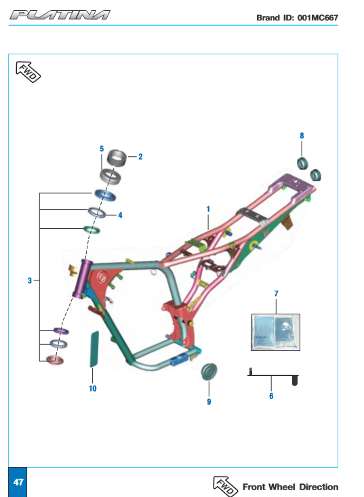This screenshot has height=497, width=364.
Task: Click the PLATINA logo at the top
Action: click(60, 15)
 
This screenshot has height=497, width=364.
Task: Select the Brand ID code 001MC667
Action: click(318, 18)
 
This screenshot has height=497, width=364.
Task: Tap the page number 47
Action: click(18, 482)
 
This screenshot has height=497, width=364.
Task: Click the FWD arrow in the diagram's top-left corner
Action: click(28, 72)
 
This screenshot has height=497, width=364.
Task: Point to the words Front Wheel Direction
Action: click(290, 487)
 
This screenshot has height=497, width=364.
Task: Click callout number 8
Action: click(302, 136)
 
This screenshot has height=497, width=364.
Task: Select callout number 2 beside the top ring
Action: click(140, 157)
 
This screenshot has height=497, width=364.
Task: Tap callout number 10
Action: click(92, 388)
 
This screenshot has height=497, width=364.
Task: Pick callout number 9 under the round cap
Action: click(209, 401)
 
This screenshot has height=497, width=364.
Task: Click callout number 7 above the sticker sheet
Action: click(277, 293)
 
